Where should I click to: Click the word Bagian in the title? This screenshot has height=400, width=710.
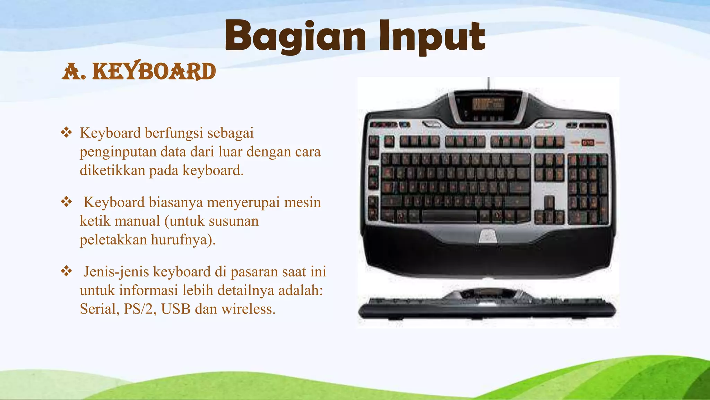(295, 36)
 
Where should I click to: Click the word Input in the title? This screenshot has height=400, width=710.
(432, 36)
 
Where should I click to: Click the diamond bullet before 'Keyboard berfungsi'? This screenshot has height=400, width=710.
(66, 133)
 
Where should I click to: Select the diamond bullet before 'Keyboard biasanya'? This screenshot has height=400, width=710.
(66, 202)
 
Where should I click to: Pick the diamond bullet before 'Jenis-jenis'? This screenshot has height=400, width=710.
(66, 271)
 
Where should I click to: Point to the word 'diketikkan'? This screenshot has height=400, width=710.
(112, 170)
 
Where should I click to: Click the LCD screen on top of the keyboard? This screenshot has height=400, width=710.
(488, 104)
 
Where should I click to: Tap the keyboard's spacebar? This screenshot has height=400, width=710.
(449, 216)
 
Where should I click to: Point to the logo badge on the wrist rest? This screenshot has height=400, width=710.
(488, 236)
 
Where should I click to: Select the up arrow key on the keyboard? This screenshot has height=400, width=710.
(549, 202)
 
